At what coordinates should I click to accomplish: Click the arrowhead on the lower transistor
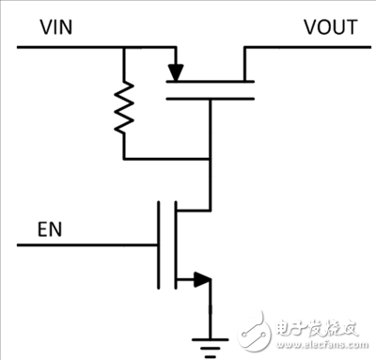point(199,278)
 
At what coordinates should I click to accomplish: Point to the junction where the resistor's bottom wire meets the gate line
point(210,157)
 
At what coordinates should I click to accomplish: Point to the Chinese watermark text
point(317,325)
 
